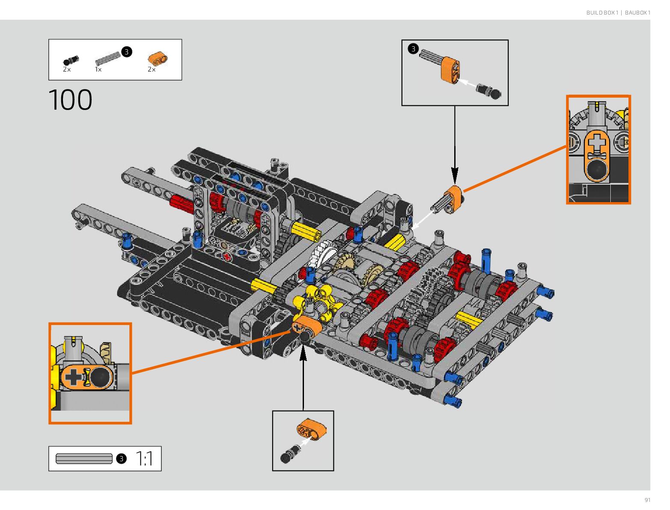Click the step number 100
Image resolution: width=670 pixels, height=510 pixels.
[x=71, y=100]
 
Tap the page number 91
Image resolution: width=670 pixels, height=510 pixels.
[x=647, y=500]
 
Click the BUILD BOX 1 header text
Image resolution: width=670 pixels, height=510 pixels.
[x=602, y=13]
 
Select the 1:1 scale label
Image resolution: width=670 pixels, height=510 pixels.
[x=145, y=459]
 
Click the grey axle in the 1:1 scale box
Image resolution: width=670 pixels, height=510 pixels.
[x=84, y=459]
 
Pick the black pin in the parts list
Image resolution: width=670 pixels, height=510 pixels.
[x=71, y=60]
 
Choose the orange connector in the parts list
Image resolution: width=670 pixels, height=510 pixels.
[x=157, y=59]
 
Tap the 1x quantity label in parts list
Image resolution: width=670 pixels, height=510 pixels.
[x=98, y=69]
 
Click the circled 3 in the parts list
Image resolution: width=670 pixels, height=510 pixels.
[x=126, y=52]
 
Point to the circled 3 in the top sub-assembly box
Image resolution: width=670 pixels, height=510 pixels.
[x=413, y=49]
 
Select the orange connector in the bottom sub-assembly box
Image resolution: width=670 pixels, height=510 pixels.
[x=311, y=429]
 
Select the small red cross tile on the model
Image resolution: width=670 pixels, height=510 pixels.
[x=227, y=256]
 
